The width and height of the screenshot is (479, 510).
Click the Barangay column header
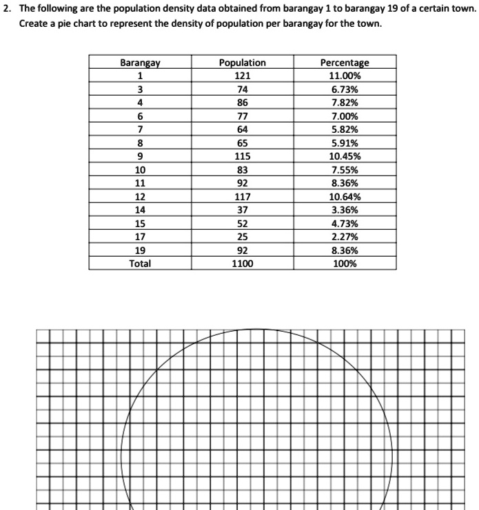pos(140,63)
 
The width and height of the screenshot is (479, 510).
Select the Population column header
pos(242,63)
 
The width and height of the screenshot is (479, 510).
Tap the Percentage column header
pos(345,63)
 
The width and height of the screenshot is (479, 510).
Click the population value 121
pos(242,76)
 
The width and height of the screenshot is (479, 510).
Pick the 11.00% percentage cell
pos(345,76)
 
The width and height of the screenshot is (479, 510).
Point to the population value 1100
pos(242,264)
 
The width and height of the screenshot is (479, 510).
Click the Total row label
pos(140,264)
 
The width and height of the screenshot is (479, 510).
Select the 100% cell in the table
pos(345,264)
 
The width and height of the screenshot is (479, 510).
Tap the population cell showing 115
pos(242,156)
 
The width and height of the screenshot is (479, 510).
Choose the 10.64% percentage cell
pos(345,197)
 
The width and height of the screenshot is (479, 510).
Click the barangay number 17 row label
pos(140,237)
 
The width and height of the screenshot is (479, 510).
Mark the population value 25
pos(242,237)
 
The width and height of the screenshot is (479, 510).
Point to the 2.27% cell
pos(345,237)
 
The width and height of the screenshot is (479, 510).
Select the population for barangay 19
pos(242,251)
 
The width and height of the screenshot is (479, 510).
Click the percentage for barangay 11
pos(345,183)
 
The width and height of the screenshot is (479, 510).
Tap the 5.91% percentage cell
pos(345,143)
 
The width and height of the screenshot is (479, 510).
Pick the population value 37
pos(242,210)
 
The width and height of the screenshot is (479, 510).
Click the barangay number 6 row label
pos(140,116)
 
